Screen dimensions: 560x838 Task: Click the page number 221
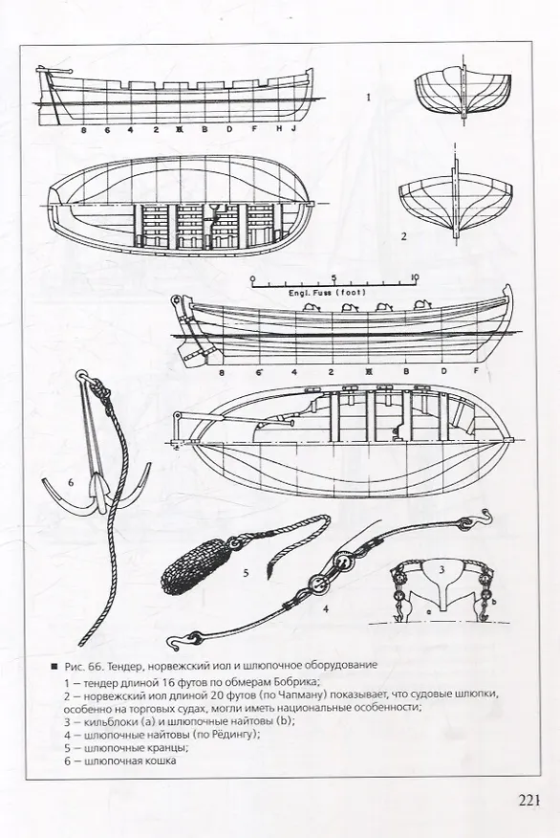coord(529,800)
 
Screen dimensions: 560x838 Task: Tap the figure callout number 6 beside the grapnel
coord(71,482)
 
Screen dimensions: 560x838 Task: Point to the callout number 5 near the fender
coord(247,573)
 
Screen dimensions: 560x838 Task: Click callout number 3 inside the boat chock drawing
coord(442,569)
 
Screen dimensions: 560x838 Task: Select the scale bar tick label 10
coord(415,276)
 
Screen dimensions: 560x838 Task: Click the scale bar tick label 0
coord(252,278)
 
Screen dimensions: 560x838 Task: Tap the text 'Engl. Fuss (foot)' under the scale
coord(327,293)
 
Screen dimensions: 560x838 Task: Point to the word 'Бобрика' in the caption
coord(298,682)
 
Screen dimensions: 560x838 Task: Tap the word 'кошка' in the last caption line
coord(162,761)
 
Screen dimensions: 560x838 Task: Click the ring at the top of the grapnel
coord(82,376)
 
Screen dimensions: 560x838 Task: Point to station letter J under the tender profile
coord(293,129)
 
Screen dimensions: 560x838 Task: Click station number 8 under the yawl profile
coord(222,372)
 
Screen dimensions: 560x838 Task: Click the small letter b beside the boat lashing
coord(494,602)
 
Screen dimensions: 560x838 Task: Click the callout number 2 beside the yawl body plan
coord(403,235)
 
